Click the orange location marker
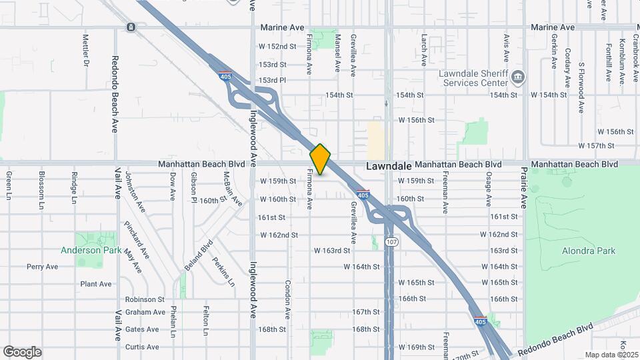(321, 159)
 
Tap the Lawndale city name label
(387, 165)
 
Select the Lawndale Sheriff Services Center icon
(517, 78)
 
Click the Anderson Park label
(91, 251)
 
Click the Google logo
(22, 352)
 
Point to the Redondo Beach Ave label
(115, 93)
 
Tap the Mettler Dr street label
(85, 51)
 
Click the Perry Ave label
(42, 267)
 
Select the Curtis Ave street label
(142, 347)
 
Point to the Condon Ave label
(288, 298)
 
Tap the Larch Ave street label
(423, 51)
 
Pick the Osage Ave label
(489, 188)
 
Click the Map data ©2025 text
(609, 355)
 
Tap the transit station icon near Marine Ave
(131, 27)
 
